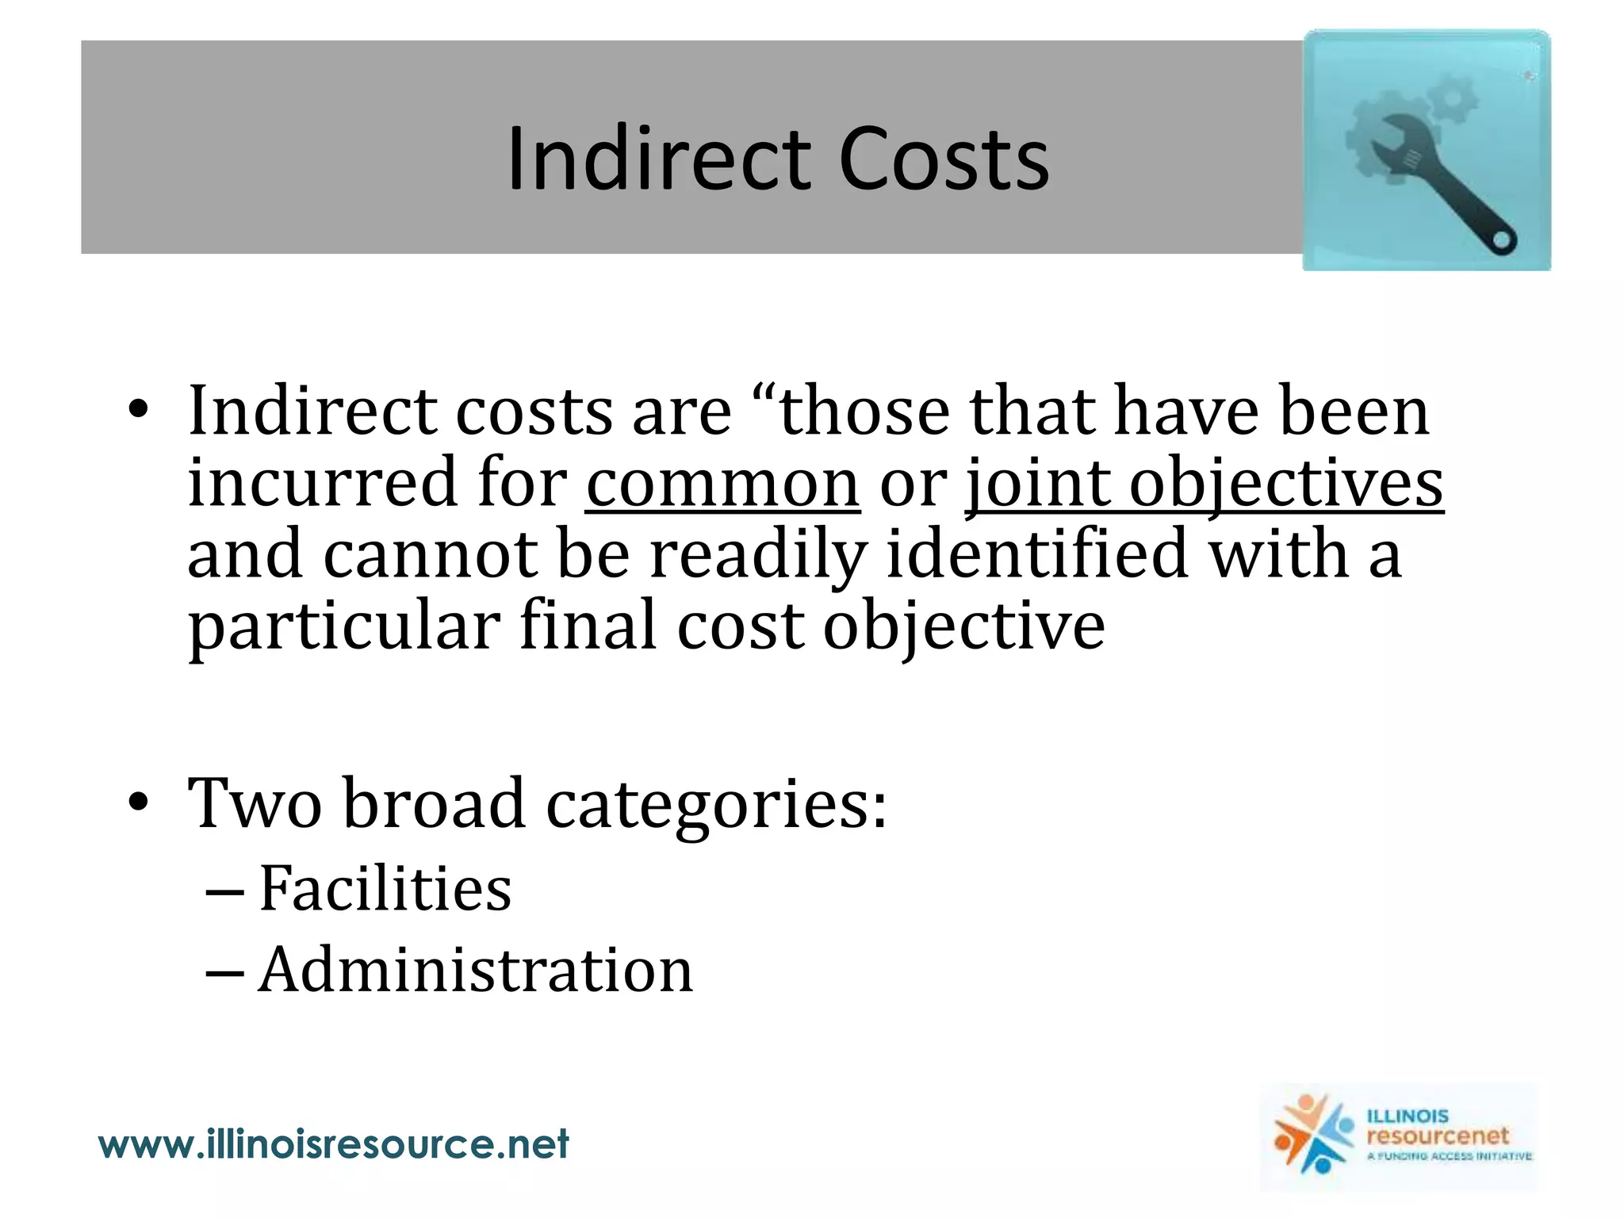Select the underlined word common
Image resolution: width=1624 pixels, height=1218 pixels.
722,483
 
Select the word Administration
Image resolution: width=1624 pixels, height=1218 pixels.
476,970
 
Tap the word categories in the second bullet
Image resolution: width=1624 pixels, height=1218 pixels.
716,803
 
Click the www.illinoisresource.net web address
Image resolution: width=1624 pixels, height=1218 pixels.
334,1144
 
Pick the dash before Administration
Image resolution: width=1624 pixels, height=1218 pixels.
224,971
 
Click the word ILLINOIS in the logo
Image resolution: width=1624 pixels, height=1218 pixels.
1408,1116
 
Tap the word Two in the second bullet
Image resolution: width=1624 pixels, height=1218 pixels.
255,803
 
